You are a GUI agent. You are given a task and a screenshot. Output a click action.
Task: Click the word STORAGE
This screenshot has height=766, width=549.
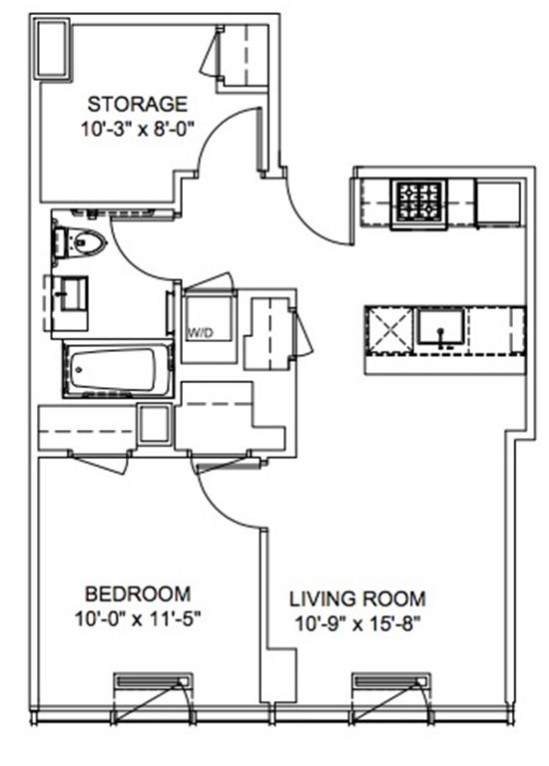[x=137, y=105]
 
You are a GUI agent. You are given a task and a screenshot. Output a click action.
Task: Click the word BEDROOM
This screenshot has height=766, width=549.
[x=138, y=594]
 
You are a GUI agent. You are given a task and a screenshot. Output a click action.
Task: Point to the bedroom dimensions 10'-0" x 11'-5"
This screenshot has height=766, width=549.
[x=138, y=619]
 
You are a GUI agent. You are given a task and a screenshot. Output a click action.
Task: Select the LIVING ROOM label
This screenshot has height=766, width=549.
[x=357, y=598]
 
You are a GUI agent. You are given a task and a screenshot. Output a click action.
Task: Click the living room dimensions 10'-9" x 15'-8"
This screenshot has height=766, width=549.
[x=357, y=623]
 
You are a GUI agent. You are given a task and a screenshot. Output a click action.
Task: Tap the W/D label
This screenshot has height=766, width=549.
[x=201, y=333]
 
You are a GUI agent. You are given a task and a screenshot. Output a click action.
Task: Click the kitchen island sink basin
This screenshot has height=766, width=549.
[x=440, y=326]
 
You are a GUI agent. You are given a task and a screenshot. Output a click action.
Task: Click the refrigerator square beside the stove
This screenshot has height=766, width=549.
[x=499, y=203]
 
